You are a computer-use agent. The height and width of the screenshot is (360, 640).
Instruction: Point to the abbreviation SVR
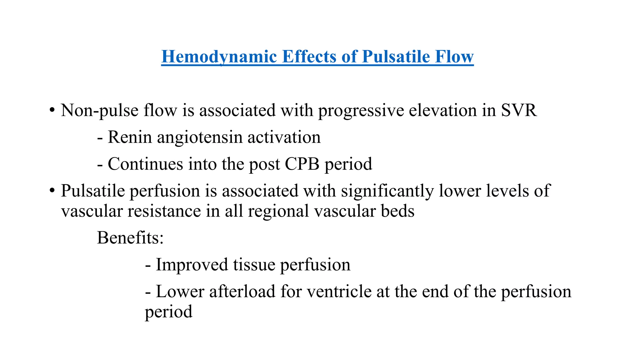pos(519,110)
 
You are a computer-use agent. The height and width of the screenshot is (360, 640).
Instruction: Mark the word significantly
pos(387,191)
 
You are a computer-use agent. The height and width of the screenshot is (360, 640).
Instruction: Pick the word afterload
pos(242,292)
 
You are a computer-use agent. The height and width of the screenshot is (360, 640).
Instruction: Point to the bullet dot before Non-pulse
pos(52,110)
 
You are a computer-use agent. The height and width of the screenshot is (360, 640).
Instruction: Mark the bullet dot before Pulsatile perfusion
pos(52,191)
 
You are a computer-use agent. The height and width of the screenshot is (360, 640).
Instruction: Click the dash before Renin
pos(100,138)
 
